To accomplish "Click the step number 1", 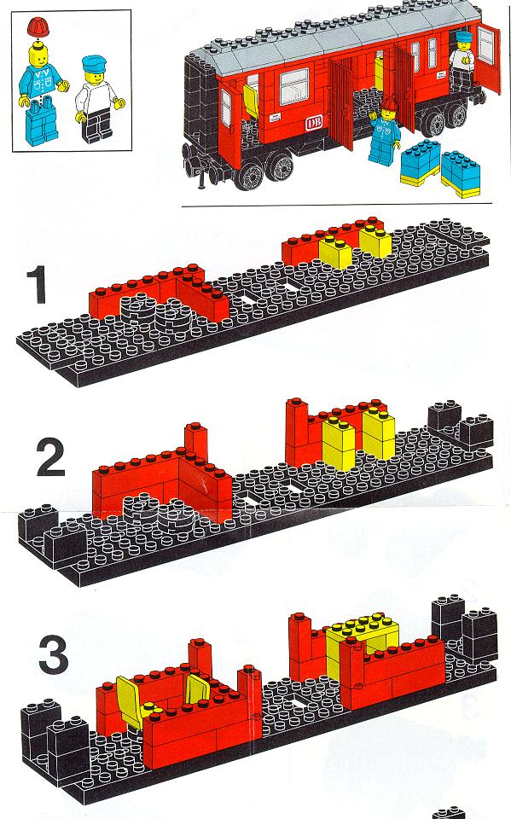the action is pyautogui.click(x=37, y=285).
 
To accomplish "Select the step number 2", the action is pyautogui.click(x=50, y=457).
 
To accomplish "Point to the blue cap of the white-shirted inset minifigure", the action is pyautogui.click(x=94, y=65).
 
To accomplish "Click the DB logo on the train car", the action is pyautogui.click(x=314, y=123).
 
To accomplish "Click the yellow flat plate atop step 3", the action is pyautogui.click(x=363, y=626).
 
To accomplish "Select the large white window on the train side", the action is pyautogui.click(x=293, y=87).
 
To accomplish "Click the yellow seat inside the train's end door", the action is pyautogui.click(x=251, y=101).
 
